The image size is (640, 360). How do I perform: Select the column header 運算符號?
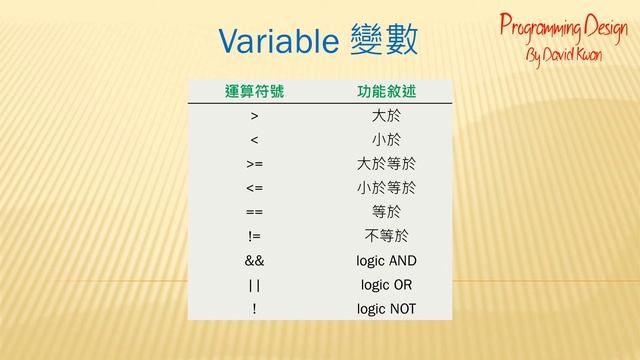point(254,92)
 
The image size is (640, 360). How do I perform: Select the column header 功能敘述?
point(386,92)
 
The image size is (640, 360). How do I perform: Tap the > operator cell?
point(254,117)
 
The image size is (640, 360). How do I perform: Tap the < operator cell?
point(254,140)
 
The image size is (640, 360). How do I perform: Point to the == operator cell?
point(254,212)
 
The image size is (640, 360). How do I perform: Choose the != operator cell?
point(254,236)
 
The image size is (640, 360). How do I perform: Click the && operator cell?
point(254,260)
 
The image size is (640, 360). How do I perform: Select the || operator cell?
point(254,284)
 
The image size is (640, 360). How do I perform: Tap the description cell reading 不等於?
point(386,236)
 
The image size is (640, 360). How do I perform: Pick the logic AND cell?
point(386,260)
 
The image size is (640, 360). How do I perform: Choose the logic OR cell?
point(386,284)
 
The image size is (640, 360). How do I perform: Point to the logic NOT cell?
point(386,308)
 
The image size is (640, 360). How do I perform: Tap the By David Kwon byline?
point(564,52)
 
